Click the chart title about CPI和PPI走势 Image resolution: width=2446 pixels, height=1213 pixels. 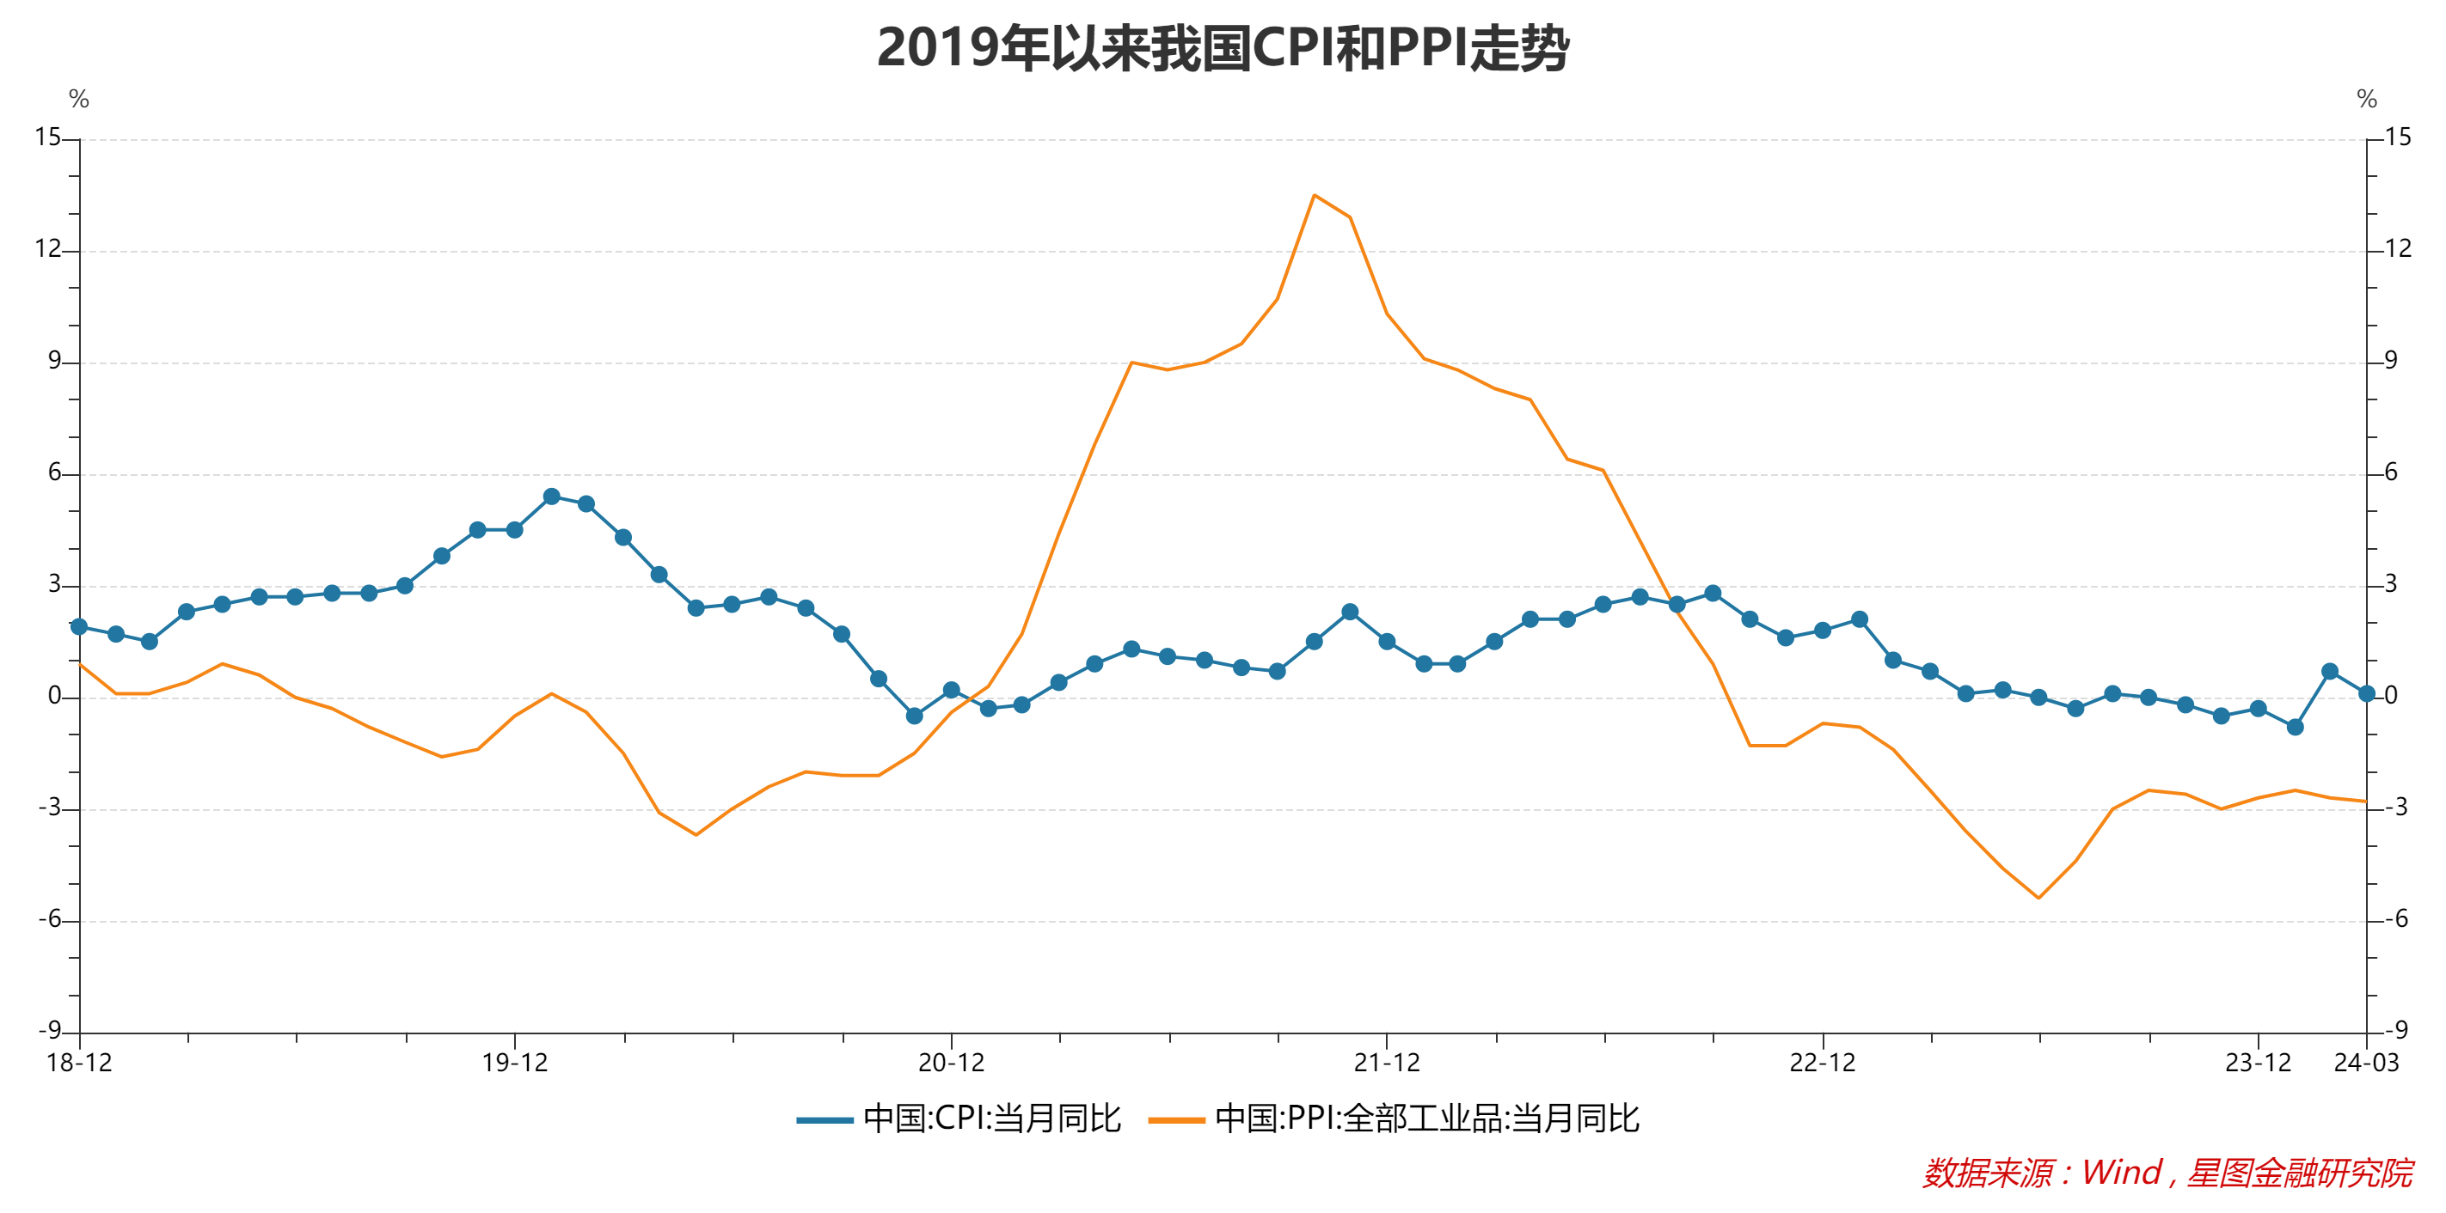1222,47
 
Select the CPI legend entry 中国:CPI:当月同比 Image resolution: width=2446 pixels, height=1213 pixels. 959,1119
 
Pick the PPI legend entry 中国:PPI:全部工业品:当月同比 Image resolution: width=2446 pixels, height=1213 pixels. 1394,1119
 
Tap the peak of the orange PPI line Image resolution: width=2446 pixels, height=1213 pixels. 1313,196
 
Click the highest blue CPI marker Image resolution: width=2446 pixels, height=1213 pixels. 551,497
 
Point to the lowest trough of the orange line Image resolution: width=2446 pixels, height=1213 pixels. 2038,898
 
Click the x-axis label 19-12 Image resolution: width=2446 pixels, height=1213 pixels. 515,1063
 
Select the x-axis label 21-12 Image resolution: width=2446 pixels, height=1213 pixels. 1386,1063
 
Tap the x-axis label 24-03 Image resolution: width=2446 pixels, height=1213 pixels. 2366,1063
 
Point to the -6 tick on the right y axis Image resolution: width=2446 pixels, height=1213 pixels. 2395,918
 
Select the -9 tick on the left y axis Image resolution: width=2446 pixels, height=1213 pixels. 49,1031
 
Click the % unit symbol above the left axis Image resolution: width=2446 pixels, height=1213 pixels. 79,99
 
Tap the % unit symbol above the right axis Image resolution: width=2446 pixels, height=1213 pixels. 2366,99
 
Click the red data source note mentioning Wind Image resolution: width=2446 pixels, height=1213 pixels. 2167,1173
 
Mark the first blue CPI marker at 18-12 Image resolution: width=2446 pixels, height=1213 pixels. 79,626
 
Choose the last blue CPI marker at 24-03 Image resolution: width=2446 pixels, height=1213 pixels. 2366,694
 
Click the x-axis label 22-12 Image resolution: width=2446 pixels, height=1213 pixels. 1822,1063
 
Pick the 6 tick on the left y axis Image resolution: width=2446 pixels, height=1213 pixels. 54,472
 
